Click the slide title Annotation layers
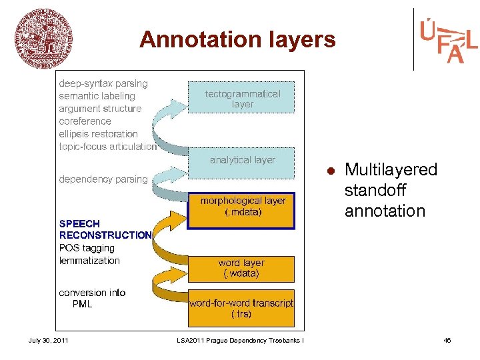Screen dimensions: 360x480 (237, 40)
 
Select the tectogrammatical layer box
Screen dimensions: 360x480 (242, 98)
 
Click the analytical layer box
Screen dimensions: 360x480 (242, 161)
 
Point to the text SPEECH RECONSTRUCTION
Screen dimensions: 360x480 (105, 229)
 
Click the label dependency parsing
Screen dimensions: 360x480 (103, 179)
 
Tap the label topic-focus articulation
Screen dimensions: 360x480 (107, 147)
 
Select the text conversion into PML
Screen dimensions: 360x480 (91, 298)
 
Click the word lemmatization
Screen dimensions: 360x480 (89, 261)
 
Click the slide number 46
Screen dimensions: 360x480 (447, 341)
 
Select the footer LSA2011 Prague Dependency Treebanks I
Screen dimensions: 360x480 (240, 341)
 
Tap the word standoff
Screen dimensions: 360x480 (375, 191)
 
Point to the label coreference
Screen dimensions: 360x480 (85, 121)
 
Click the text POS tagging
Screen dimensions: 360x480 (87, 248)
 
